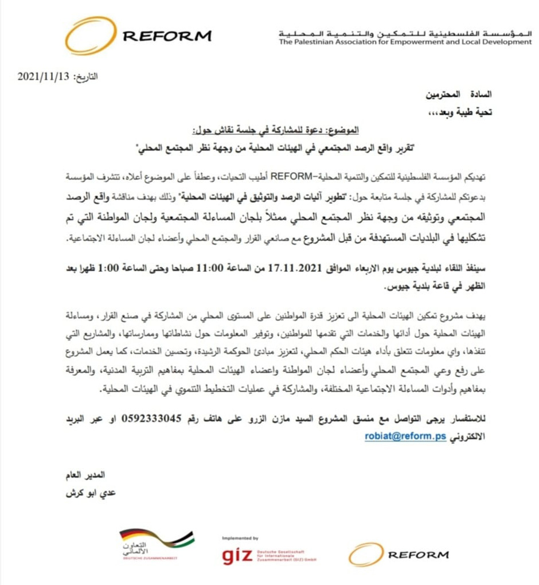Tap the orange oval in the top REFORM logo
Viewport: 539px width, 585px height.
(91, 36)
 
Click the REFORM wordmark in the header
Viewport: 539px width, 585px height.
(167, 36)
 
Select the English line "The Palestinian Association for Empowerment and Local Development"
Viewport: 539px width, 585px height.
(405, 42)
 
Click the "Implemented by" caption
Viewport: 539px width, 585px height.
(240, 539)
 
